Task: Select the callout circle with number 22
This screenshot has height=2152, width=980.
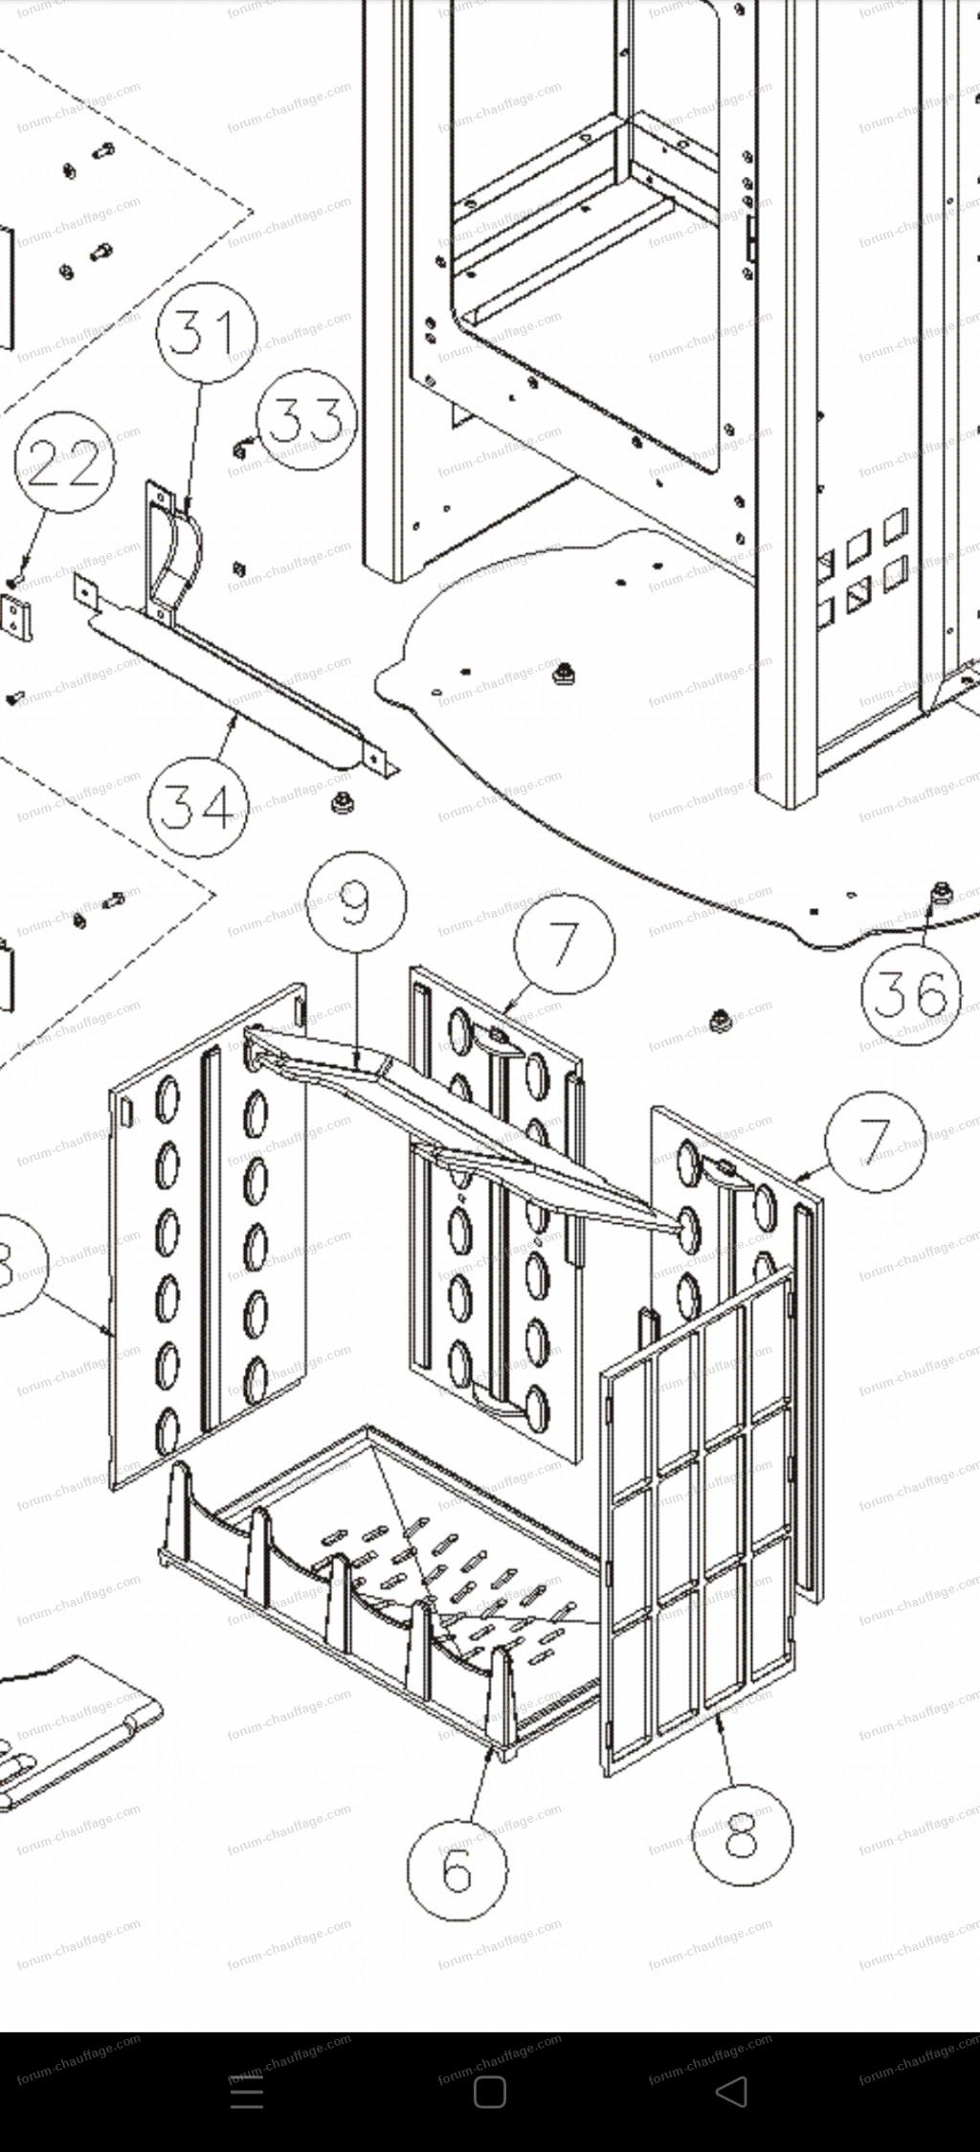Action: pyautogui.click(x=64, y=463)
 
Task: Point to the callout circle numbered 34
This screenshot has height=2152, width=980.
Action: pyautogui.click(x=197, y=806)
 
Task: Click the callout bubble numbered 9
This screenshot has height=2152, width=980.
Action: pyautogui.click(x=356, y=900)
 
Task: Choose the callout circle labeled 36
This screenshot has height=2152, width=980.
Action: pyautogui.click(x=910, y=993)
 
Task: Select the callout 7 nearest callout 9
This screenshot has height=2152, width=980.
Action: pyautogui.click(x=565, y=943)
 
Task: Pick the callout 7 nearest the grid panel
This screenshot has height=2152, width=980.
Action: pyautogui.click(x=876, y=1141)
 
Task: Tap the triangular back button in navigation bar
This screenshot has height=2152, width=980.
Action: pyautogui.click(x=732, y=2093)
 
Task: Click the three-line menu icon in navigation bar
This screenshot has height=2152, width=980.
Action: pyautogui.click(x=247, y=2093)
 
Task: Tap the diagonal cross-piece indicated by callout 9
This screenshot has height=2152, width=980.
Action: pyautogui.click(x=459, y=1129)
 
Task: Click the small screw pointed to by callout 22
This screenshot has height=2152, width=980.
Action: pyautogui.click(x=14, y=581)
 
